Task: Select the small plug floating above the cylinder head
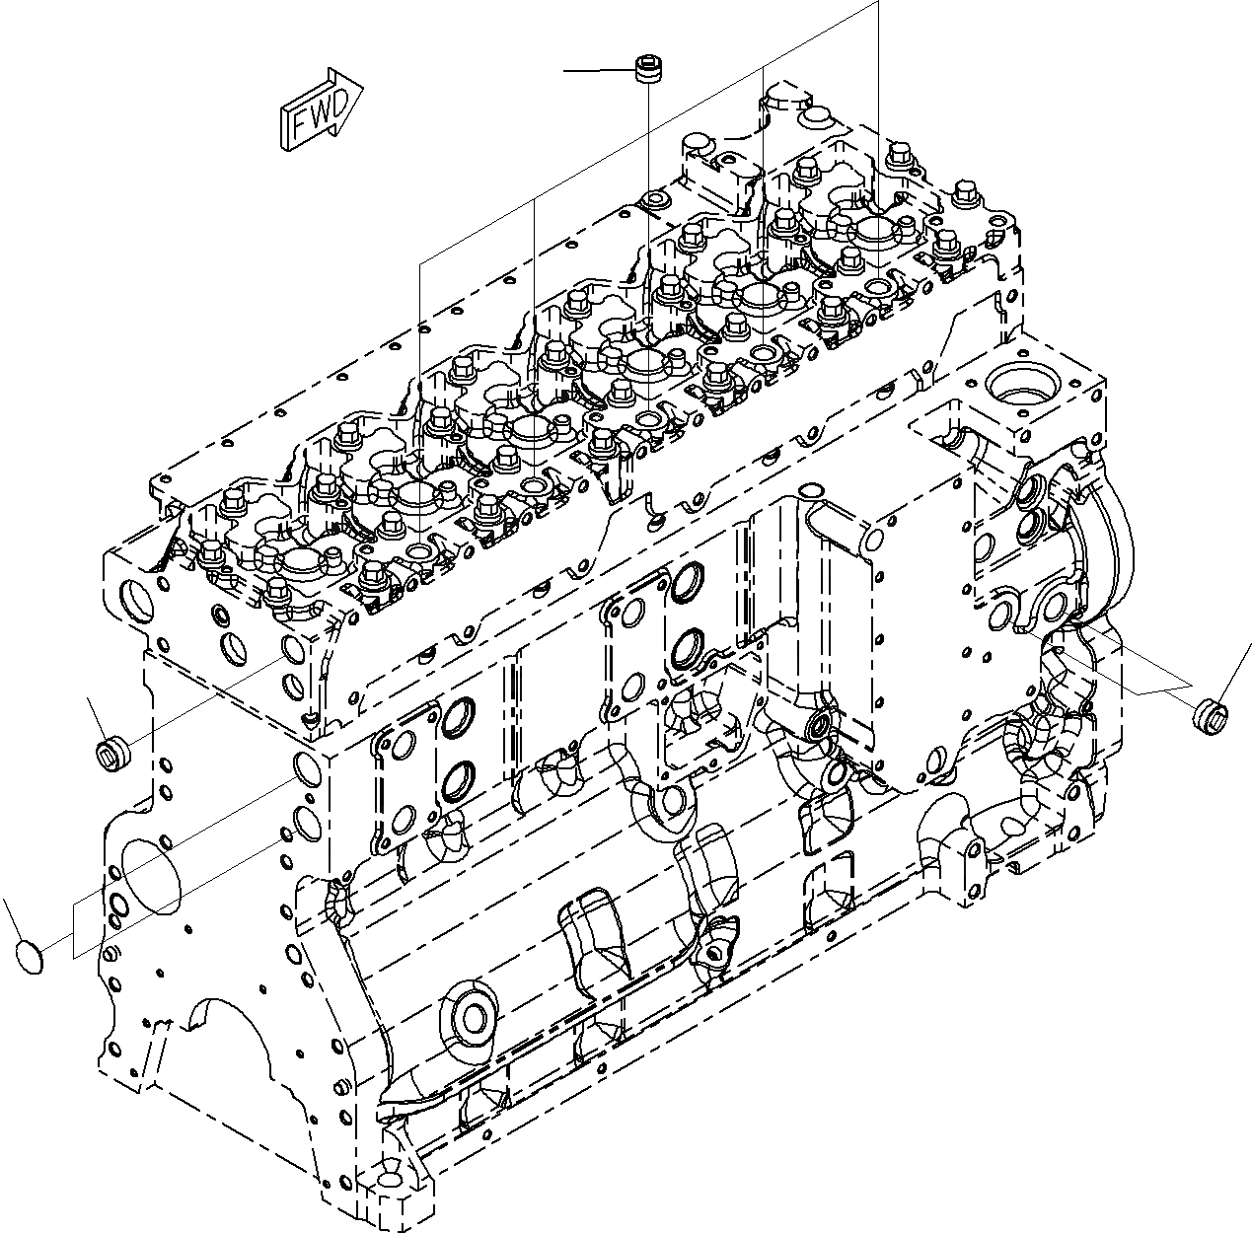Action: pos(646,74)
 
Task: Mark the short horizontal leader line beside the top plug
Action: pos(597,71)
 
